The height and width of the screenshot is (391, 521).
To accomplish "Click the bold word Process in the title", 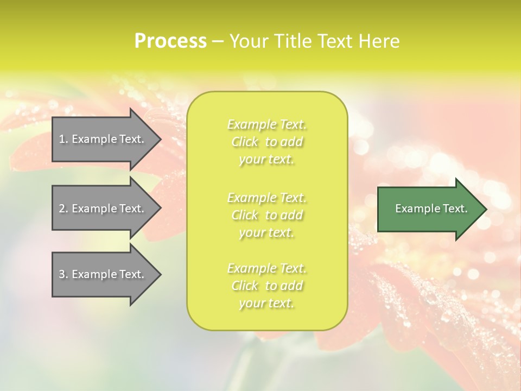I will point(170,41).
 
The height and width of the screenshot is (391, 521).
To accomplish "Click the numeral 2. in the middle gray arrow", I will point(63,209).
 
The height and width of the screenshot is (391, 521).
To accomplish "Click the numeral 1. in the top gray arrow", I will point(63,139).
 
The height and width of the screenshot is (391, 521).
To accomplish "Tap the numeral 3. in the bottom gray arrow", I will point(63,274).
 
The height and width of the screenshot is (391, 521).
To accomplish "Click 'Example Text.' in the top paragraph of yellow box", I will point(267,124).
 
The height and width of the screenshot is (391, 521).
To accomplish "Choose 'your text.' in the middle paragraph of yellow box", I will point(266,232).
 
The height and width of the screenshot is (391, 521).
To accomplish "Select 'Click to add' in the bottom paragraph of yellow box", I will point(267,286).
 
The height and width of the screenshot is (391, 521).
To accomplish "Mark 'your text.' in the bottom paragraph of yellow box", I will point(266,304).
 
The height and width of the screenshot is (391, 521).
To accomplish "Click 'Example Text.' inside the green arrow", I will point(431,209).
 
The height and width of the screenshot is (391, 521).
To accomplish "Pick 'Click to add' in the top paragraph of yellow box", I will point(267,142).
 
